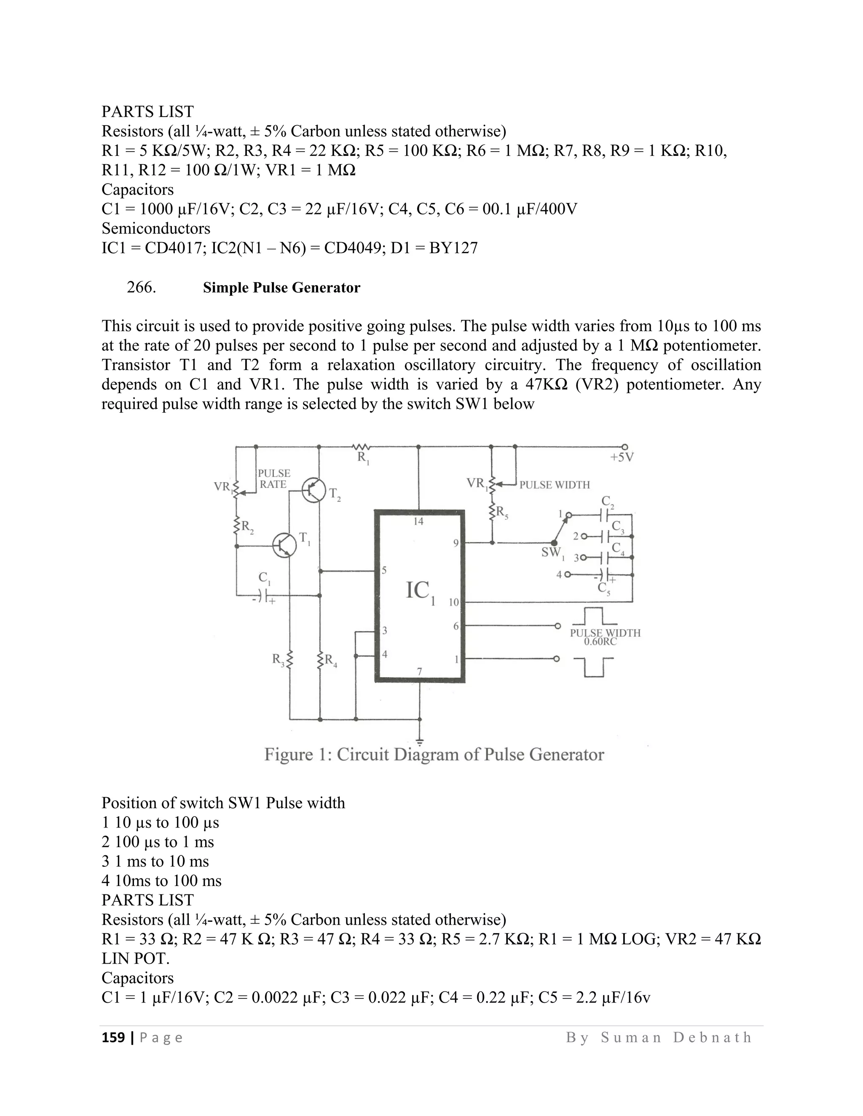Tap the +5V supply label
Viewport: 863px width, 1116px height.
point(622,457)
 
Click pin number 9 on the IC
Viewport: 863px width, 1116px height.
point(456,544)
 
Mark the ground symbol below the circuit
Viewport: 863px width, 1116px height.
point(420,742)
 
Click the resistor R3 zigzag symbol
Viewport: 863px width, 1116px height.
point(289,659)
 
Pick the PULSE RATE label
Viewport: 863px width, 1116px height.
point(273,479)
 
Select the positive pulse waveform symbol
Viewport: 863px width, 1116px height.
point(593,617)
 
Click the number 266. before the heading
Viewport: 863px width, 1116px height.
point(142,288)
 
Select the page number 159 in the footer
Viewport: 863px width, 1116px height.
point(113,1038)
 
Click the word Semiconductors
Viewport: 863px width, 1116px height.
point(156,228)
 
